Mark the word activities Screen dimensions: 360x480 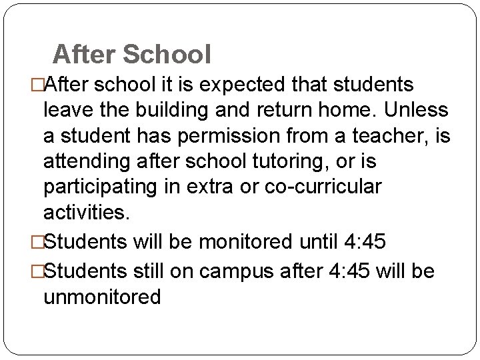[x=84, y=213]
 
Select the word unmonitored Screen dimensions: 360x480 [x=102, y=297]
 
